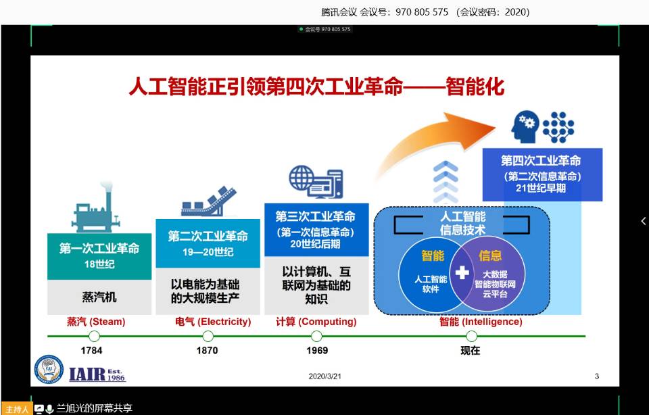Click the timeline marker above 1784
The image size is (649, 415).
coord(95,336)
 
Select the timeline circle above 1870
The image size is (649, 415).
coord(208,336)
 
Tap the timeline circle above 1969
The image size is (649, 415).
coord(316,336)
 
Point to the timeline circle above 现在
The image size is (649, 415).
coord(471,336)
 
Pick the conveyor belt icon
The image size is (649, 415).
coord(209,201)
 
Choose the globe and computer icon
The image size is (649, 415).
coord(316,182)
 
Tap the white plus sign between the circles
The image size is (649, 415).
coord(462,272)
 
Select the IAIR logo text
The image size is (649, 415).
coord(97,374)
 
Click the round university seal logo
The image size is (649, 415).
coord(49,369)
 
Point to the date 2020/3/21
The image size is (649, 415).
coord(325,376)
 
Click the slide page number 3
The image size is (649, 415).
coord(597,376)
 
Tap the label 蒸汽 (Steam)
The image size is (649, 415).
coord(96,322)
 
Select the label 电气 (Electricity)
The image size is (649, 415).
coord(213,322)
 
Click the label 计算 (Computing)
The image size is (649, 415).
coord(316,322)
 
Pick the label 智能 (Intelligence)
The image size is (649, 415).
coord(481,322)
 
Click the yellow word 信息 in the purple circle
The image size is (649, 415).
coord(490,255)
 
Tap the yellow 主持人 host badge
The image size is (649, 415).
coord(16,409)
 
